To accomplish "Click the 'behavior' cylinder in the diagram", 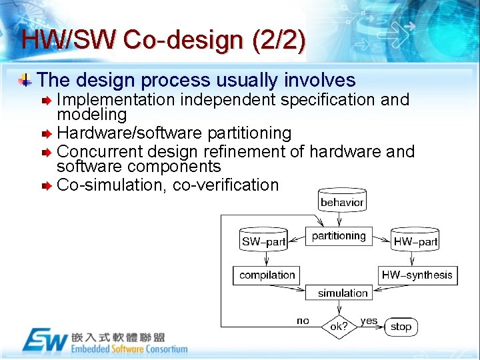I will (342, 201).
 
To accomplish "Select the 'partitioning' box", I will (339, 236).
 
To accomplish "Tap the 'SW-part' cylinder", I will (263, 241).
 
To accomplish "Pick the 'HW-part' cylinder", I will (416, 241).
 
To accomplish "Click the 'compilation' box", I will (267, 275).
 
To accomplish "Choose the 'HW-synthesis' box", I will (417, 275).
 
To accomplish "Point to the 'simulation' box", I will (343, 293).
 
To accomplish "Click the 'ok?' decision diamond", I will (339, 327).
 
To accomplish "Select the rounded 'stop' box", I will (401, 327).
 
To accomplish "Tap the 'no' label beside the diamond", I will (303, 321).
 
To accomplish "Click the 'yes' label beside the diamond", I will (369, 321).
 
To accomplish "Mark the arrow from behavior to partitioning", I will (341, 219).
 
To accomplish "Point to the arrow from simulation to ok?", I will (340, 307).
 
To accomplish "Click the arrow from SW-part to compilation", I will (264, 258).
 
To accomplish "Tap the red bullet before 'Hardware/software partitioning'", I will (46, 134).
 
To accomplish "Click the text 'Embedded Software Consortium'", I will (129, 349).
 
